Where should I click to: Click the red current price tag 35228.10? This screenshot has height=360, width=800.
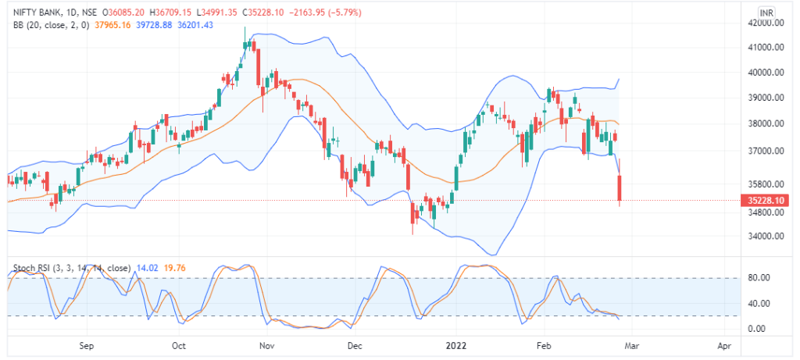click(765, 201)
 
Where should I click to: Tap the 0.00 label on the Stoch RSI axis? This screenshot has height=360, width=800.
click(757, 329)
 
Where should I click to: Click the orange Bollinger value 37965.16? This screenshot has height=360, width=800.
click(112, 24)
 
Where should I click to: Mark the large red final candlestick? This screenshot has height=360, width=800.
click(620, 188)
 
